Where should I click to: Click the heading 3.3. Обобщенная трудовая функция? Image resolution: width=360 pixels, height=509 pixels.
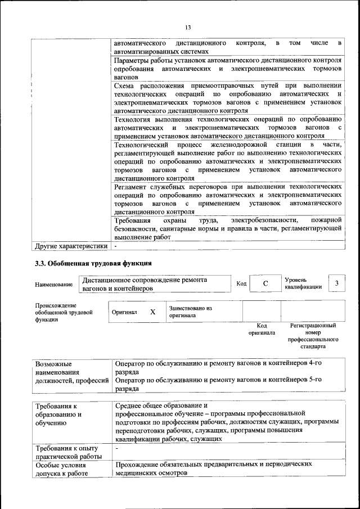pyautogui.click(x=93, y=263)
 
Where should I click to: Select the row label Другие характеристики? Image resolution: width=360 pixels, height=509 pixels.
pyautogui.click(x=71, y=246)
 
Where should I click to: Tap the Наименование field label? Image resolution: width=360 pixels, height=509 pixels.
pyautogui.click(x=53, y=285)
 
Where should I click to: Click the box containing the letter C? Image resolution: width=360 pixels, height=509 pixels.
pyautogui.click(x=264, y=284)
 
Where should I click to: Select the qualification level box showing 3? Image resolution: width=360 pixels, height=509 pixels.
pyautogui.click(x=336, y=283)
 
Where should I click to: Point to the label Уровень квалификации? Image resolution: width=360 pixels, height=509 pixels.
pyautogui.click(x=303, y=283)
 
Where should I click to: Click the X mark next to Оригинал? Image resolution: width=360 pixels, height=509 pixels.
pyautogui.click(x=152, y=312)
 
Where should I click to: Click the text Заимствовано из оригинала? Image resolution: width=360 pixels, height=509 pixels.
pyautogui.click(x=190, y=312)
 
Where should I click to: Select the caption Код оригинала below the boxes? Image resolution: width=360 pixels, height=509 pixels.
pyautogui.click(x=262, y=329)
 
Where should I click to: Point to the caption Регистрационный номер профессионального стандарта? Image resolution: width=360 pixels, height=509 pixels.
pyautogui.click(x=313, y=336)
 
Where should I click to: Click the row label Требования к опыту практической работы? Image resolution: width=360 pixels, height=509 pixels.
pyautogui.click(x=66, y=452)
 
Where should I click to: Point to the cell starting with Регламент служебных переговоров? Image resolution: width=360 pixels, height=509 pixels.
pyautogui.click(x=228, y=199)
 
